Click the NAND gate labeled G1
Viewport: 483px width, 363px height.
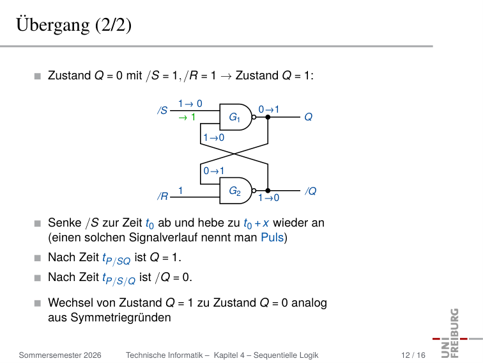click(x=236, y=117)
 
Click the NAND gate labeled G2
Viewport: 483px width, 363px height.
click(x=236, y=191)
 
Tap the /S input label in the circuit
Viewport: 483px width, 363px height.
click(x=162, y=110)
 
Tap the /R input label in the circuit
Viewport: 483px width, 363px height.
click(x=163, y=197)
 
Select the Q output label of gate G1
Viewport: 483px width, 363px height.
click(x=309, y=117)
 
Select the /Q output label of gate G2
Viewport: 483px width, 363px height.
click(x=310, y=191)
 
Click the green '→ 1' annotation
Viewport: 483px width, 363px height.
click(x=187, y=117)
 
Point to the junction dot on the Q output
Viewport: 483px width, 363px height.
click(x=268, y=117)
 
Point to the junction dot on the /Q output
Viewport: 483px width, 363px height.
click(x=268, y=191)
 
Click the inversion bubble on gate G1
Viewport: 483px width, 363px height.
click(x=254, y=117)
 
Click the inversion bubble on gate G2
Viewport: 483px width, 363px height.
click(x=254, y=191)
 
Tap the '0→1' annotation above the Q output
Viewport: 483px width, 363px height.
click(x=269, y=109)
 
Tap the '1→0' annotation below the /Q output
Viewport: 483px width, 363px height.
click(x=268, y=198)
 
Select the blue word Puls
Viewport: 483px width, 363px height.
click(x=272, y=238)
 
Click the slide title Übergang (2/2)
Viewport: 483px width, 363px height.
click(x=74, y=24)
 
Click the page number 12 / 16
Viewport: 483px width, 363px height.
click(x=413, y=355)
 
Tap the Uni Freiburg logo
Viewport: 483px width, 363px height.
click(x=456, y=333)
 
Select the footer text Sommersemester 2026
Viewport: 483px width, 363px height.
click(x=60, y=355)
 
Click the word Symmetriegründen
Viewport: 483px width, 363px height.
click(x=121, y=318)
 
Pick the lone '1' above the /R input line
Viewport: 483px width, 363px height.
click(x=181, y=191)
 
